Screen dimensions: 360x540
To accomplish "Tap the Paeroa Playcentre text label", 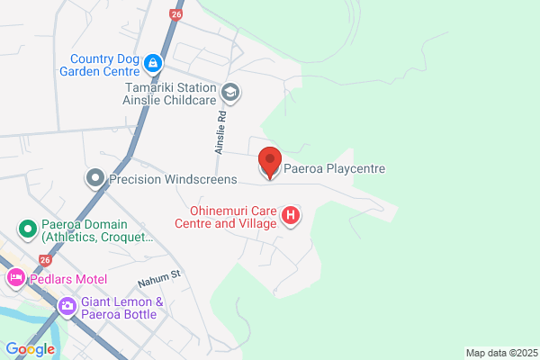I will (x=335, y=167).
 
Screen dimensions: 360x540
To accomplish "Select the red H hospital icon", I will (x=291, y=216).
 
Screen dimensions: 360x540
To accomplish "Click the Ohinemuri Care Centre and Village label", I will (x=226, y=216).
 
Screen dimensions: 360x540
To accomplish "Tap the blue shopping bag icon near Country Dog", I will (x=153, y=63).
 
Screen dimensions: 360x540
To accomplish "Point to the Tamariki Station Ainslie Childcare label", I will (x=170, y=94).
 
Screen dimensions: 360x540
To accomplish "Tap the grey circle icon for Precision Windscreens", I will (x=95, y=179).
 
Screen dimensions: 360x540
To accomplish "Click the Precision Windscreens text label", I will (x=172, y=180).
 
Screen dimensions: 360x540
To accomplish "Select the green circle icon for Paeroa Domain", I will (x=28, y=229).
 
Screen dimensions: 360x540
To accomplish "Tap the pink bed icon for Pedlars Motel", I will (x=15, y=278).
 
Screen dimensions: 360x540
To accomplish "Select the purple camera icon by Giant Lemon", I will (x=67, y=308).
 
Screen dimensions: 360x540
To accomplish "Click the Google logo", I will (x=30, y=349).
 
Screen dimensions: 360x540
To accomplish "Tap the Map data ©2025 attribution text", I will (x=499, y=352).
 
